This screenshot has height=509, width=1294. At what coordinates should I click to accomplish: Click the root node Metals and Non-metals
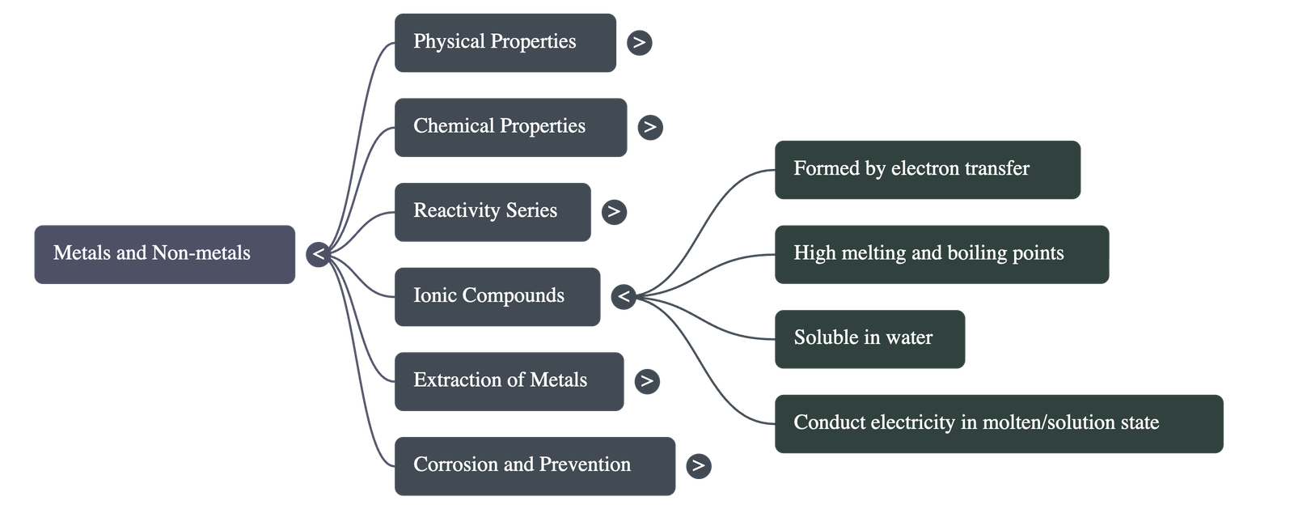click(x=164, y=254)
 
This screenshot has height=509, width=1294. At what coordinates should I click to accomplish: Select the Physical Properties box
click(x=505, y=42)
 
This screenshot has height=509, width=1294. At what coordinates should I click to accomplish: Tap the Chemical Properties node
click(x=510, y=127)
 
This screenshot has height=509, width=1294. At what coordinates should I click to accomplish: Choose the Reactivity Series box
click(x=492, y=211)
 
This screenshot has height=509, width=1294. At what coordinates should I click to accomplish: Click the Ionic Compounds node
click(x=497, y=296)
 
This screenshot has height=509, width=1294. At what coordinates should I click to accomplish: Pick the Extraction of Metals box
click(x=509, y=380)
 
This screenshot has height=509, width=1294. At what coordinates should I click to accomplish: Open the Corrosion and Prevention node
click(x=535, y=465)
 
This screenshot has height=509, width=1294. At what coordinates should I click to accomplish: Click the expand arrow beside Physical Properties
click(x=640, y=42)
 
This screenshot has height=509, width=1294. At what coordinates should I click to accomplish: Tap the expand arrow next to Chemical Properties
click(x=650, y=127)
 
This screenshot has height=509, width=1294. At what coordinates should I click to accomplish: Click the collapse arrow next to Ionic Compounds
click(x=623, y=297)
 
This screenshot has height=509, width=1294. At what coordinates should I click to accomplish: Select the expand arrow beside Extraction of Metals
click(x=646, y=381)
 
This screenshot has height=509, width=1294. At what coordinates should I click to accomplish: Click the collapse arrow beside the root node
click(x=319, y=254)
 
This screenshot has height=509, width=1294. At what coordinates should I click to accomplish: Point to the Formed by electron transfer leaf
click(x=927, y=169)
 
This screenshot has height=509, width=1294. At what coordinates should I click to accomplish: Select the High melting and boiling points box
click(x=941, y=254)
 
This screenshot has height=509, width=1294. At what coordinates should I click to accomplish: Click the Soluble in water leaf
click(x=869, y=338)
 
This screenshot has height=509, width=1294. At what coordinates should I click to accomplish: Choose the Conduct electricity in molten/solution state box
click(x=998, y=423)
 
